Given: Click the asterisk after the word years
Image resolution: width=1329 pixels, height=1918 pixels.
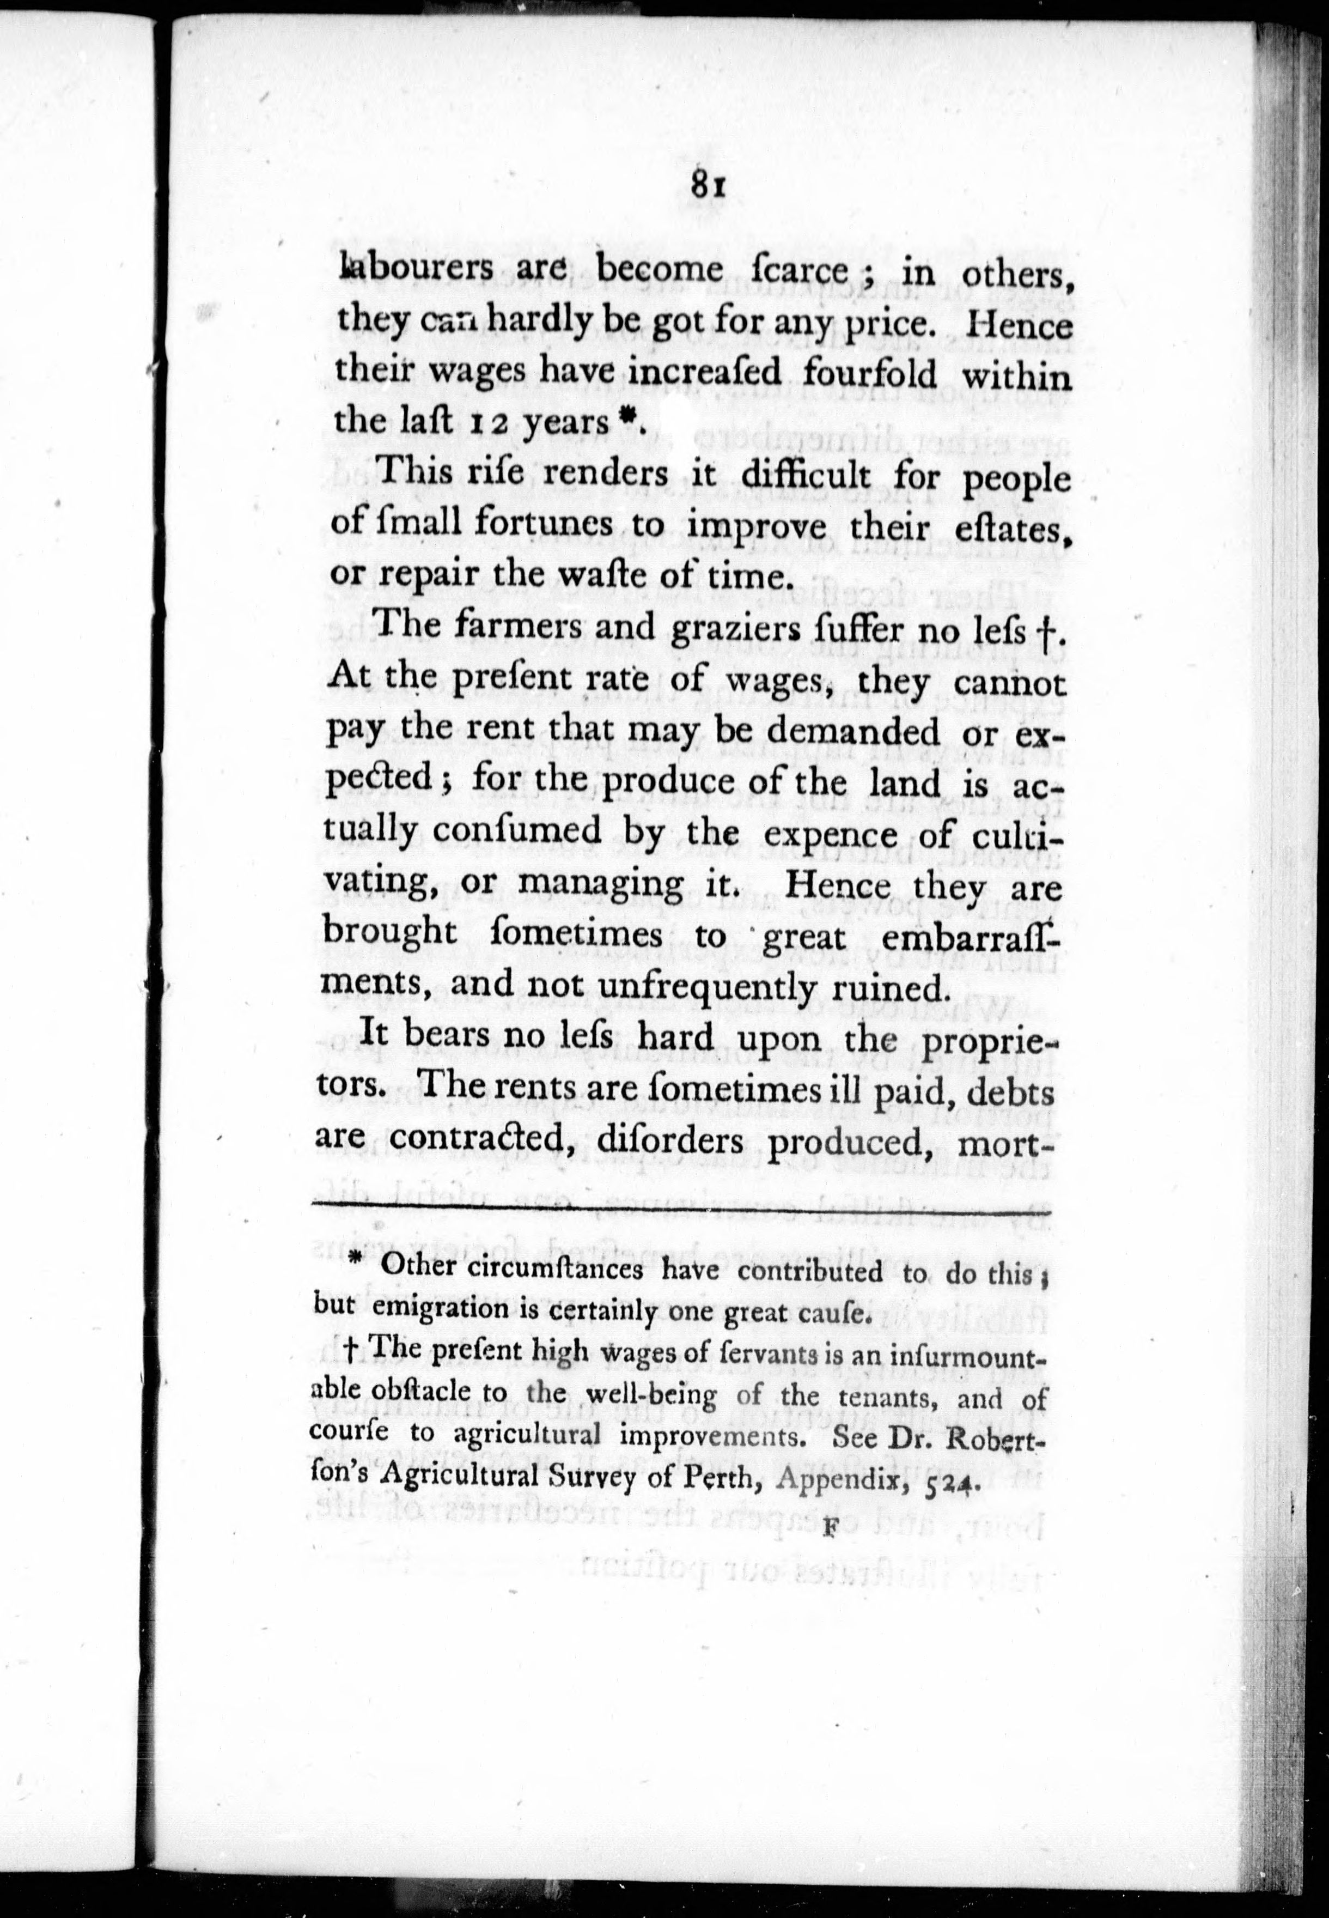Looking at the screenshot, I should [630, 419].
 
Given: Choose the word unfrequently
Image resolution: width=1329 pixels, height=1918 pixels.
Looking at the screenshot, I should [671, 988].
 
